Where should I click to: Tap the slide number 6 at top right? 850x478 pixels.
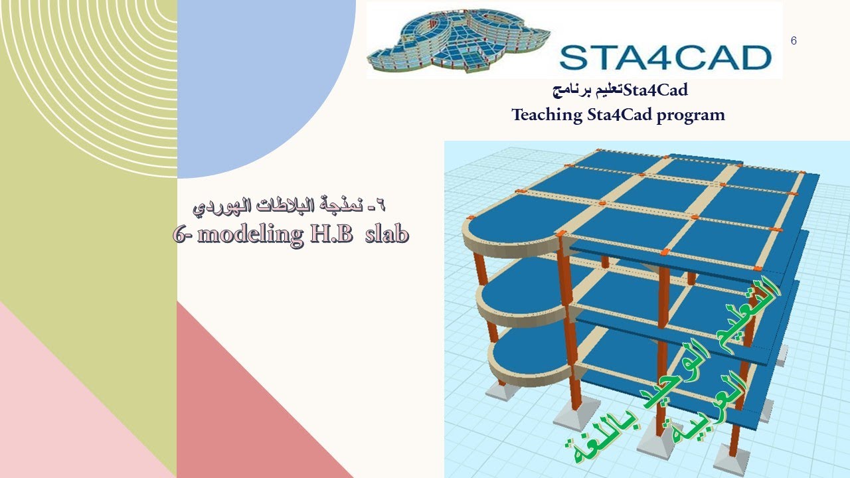(794, 41)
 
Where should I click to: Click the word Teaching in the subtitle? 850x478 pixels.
(547, 115)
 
